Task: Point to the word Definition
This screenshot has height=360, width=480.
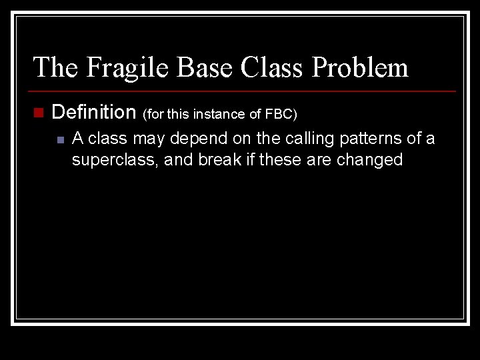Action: click(93, 112)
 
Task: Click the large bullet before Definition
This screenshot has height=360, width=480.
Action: click(39, 113)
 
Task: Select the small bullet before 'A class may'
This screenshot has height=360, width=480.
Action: click(60, 140)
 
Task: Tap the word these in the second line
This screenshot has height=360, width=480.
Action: click(278, 160)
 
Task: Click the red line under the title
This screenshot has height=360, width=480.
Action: click(243, 91)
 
